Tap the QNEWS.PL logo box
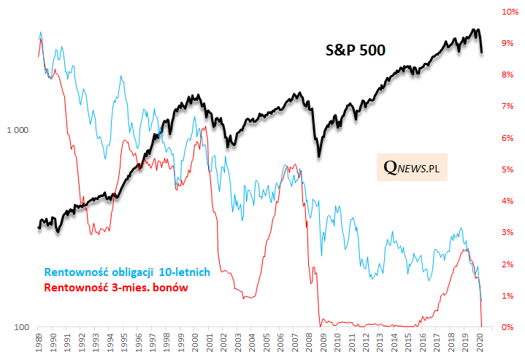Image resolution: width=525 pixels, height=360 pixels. (414, 168)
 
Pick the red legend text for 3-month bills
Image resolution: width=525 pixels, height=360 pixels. (117, 288)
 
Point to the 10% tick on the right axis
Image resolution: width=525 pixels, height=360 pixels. (507, 12)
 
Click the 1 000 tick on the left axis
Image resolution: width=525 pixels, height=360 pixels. (17, 130)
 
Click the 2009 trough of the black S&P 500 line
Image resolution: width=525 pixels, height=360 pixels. (319, 156)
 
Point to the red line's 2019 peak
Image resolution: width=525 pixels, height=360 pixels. (464, 250)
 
